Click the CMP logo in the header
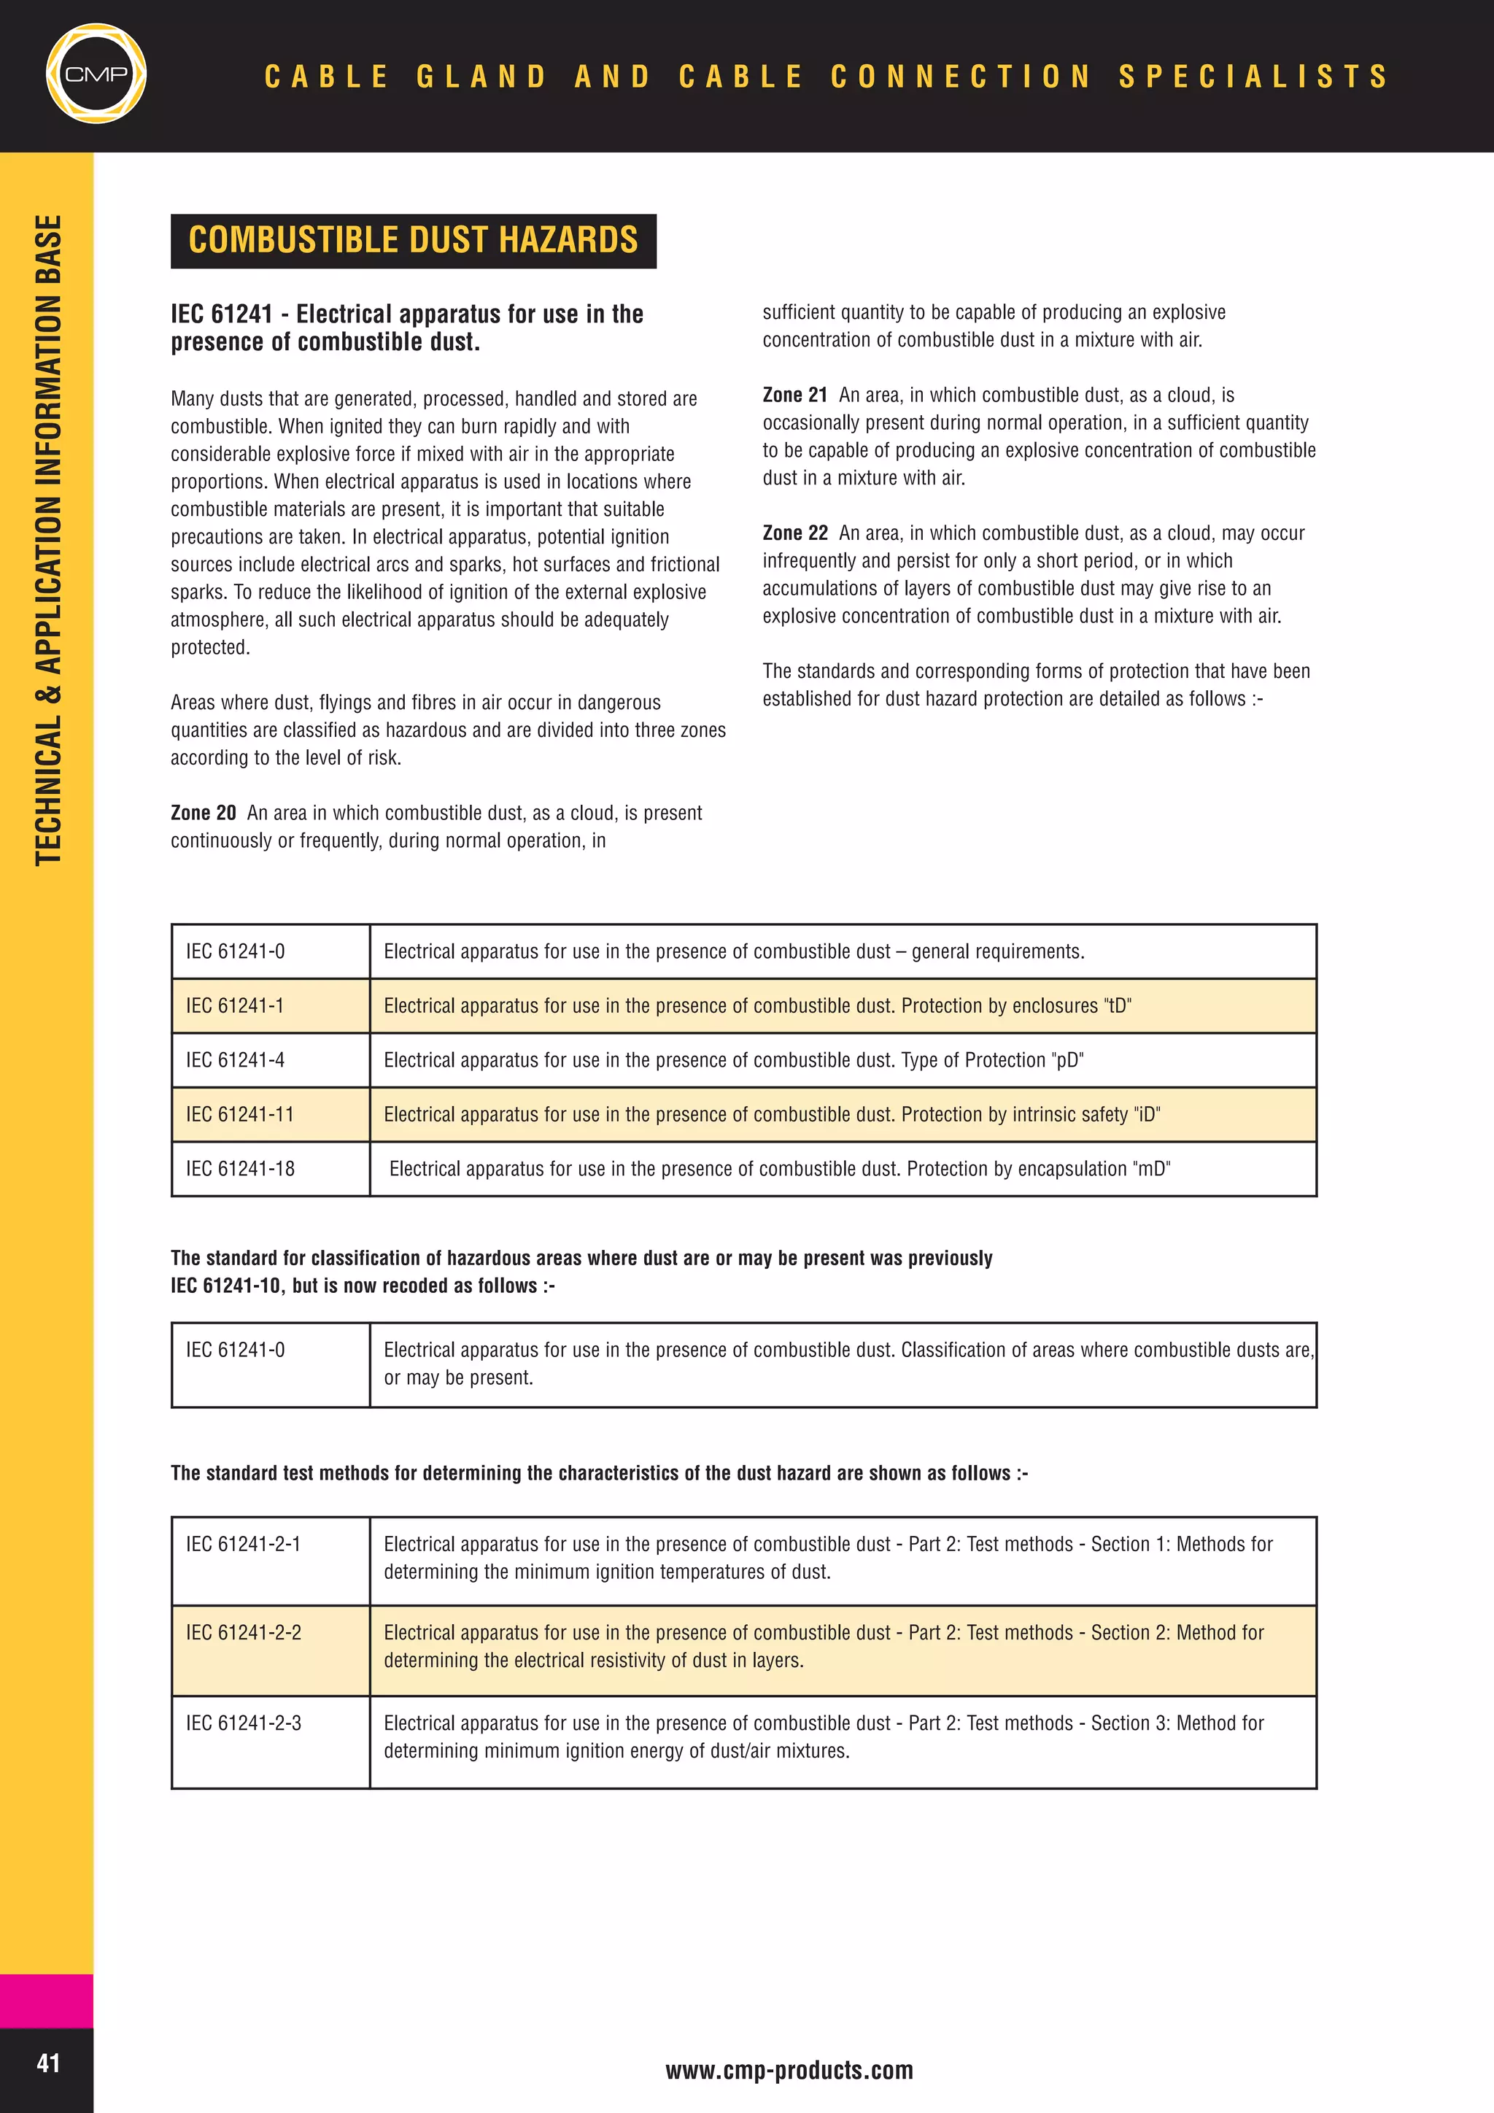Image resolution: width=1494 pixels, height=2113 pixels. [96, 74]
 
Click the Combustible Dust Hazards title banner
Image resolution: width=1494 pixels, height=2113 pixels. [413, 240]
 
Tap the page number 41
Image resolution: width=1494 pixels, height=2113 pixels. [48, 2063]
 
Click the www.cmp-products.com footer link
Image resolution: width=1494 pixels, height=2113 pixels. [789, 2070]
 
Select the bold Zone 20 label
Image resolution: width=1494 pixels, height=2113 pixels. [204, 813]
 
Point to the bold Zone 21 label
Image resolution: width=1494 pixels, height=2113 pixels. [795, 395]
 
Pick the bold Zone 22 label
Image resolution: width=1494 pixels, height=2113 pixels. [795, 533]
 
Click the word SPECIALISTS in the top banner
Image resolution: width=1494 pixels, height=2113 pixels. [1253, 75]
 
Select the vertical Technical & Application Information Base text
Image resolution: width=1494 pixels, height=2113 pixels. [48, 540]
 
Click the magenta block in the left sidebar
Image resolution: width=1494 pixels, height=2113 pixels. [46, 2000]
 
